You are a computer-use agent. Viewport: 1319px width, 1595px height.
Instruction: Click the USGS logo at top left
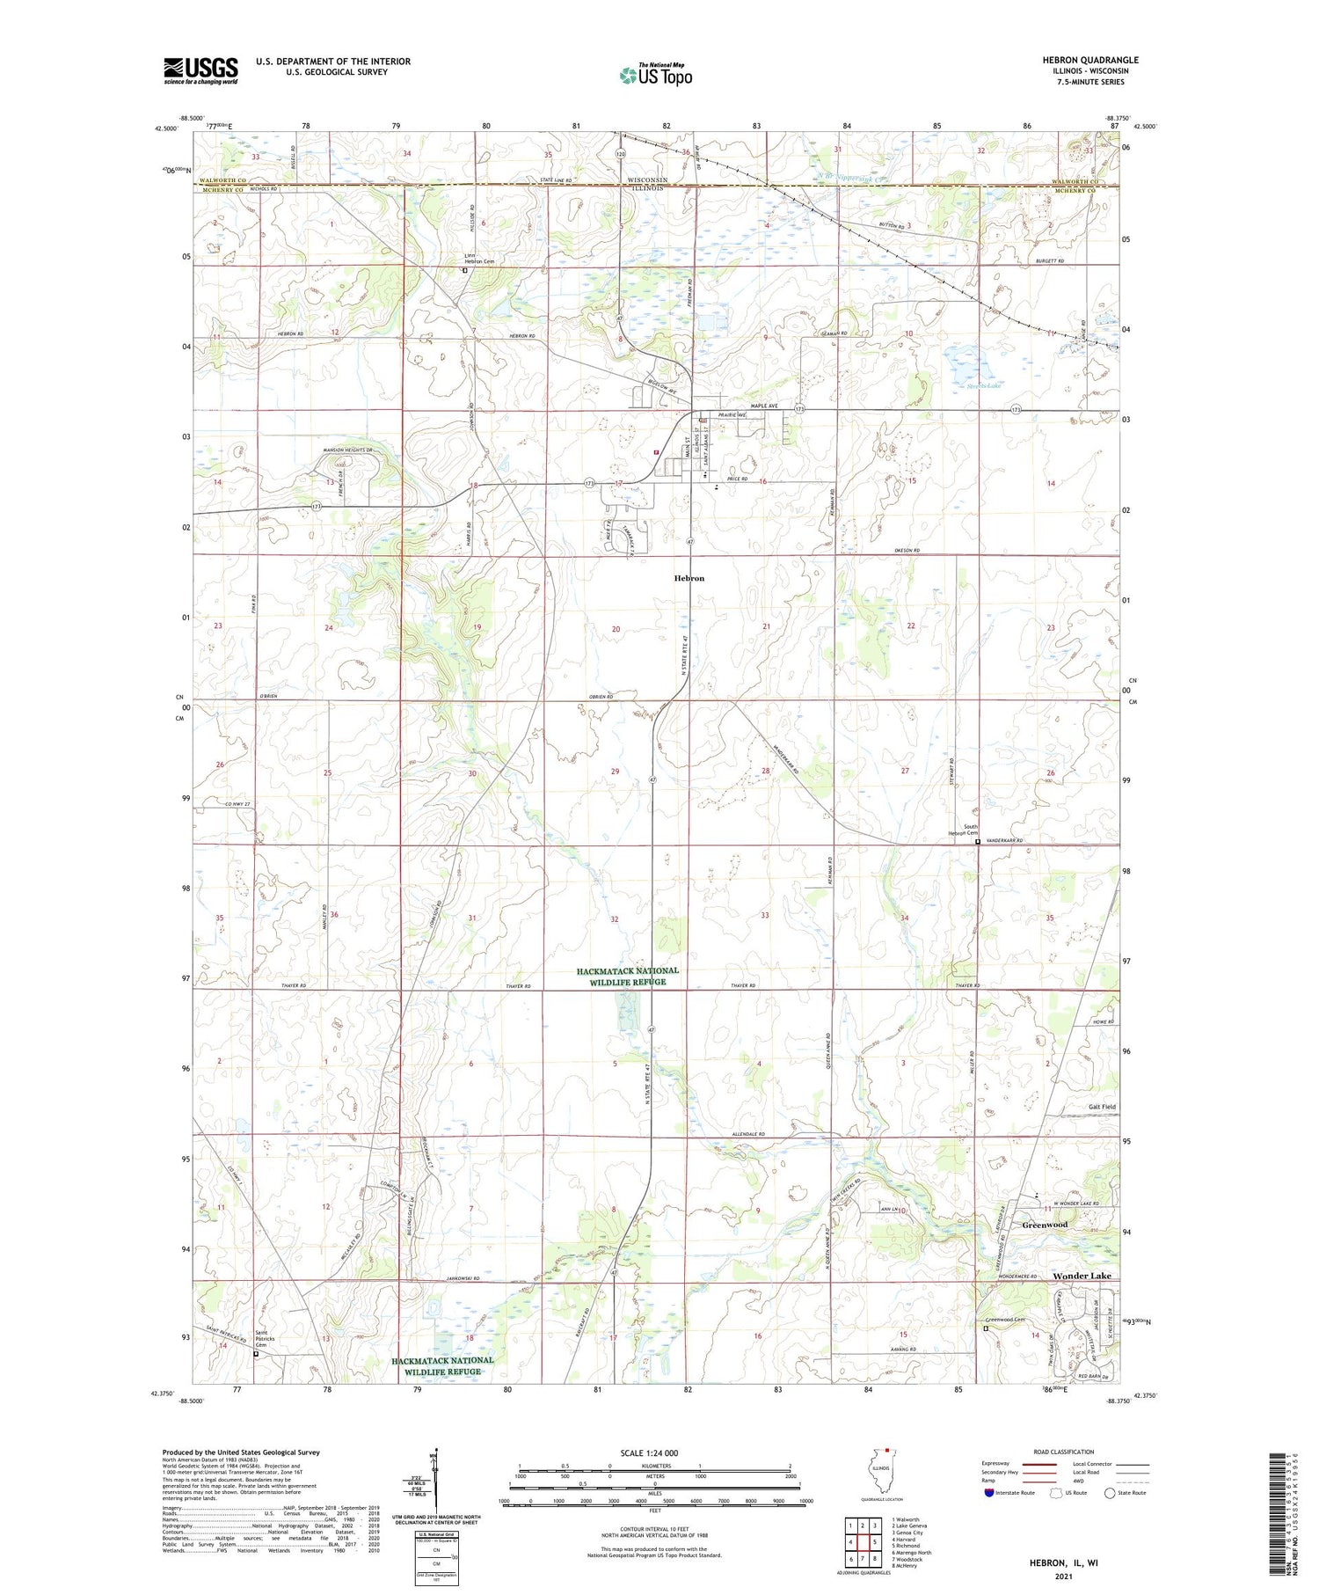(200, 70)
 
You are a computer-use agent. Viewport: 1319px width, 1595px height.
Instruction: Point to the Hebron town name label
(689, 578)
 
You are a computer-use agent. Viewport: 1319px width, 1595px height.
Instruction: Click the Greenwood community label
(1045, 1225)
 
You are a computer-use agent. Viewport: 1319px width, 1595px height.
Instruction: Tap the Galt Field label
(1102, 1107)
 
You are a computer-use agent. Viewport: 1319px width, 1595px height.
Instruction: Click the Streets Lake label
(983, 386)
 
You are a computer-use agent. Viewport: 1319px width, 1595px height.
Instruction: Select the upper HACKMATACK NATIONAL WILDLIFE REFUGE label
(627, 977)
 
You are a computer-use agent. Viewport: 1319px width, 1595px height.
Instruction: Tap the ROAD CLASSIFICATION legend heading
(1064, 1452)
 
